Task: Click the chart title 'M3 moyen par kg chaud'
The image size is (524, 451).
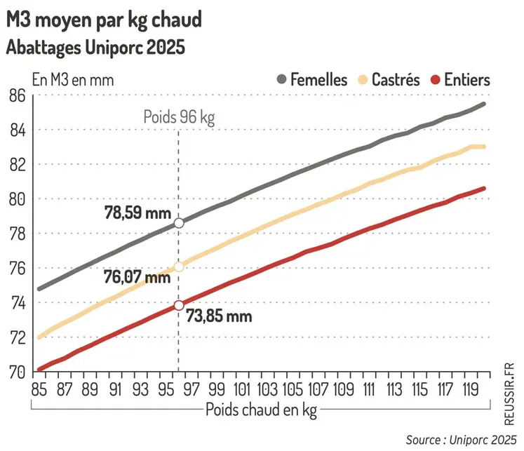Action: (104, 20)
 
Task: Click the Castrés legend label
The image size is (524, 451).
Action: (396, 79)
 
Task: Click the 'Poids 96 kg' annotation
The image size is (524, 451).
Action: (178, 116)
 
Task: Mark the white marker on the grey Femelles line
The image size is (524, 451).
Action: (179, 222)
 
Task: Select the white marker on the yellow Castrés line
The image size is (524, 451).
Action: (179, 267)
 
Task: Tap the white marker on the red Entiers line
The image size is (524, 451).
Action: (179, 305)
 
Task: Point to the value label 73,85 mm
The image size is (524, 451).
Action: (219, 316)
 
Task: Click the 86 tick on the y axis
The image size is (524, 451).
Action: (17, 95)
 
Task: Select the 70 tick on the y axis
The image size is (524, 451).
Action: (17, 372)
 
